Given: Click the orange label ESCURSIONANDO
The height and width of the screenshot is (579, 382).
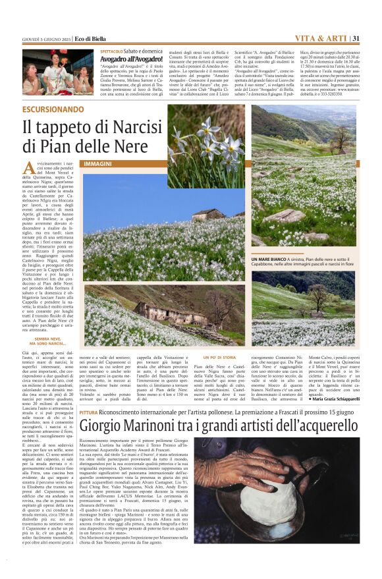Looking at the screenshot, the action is [53, 109].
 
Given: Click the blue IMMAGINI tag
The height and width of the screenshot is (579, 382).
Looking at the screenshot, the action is [97, 163].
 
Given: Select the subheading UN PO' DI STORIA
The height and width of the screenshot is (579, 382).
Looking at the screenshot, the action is [219, 357].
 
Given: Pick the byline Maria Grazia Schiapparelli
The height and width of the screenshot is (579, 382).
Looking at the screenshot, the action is [336, 399].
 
